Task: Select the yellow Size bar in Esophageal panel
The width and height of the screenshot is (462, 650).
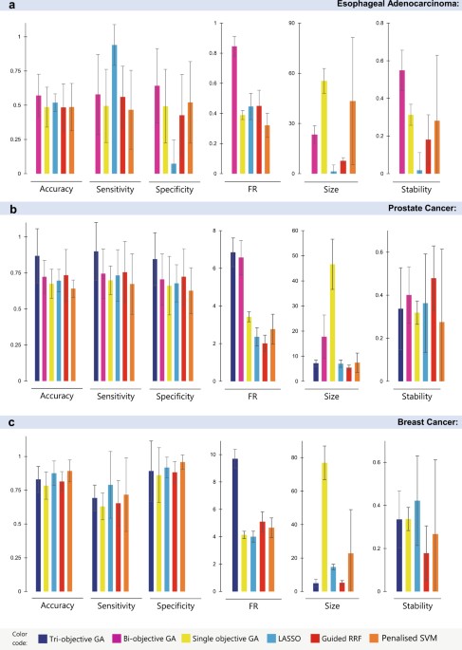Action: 323,127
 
